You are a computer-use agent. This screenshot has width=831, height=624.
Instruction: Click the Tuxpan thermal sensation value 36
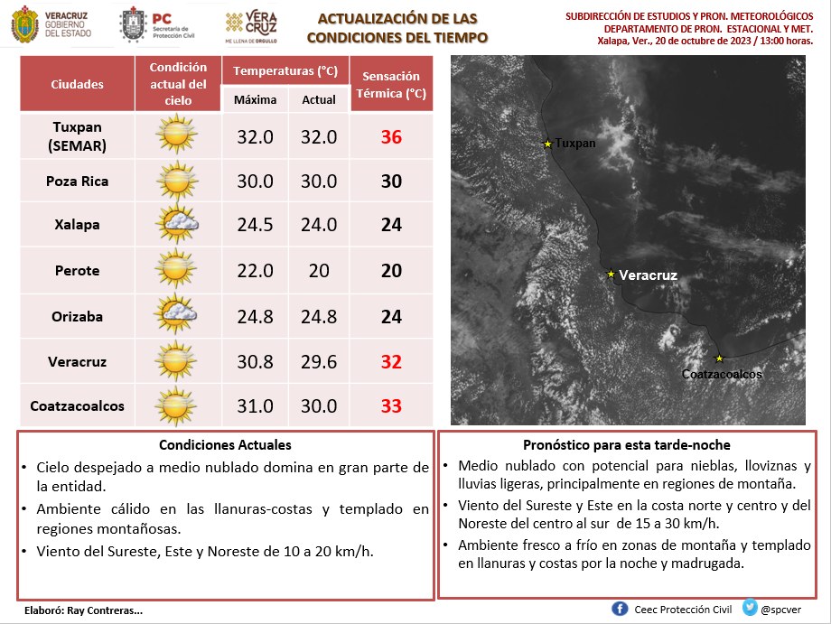pyautogui.click(x=391, y=137)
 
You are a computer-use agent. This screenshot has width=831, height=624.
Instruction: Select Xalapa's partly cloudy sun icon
pyautogui.click(x=176, y=225)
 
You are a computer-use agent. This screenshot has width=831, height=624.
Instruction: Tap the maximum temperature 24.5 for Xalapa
pyautogui.click(x=255, y=225)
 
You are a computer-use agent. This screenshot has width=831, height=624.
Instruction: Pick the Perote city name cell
pyautogui.click(x=77, y=271)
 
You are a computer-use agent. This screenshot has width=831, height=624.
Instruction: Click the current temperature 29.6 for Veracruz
pyautogui.click(x=318, y=361)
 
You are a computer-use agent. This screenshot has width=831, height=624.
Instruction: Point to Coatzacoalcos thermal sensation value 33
pyautogui.click(x=391, y=405)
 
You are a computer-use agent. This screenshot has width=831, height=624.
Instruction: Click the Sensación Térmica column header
pyautogui.click(x=391, y=85)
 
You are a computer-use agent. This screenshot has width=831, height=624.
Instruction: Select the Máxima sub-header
pyautogui.click(x=255, y=100)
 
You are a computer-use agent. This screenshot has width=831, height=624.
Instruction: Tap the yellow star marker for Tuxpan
pyautogui.click(x=547, y=143)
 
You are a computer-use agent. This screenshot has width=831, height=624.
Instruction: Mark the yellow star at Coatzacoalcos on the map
pyautogui.click(x=719, y=359)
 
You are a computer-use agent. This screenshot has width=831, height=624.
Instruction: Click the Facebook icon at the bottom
pyautogui.click(x=620, y=609)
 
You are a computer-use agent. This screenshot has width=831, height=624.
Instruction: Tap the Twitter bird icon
pyautogui.click(x=751, y=609)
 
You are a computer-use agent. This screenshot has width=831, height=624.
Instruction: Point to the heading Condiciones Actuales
pyautogui.click(x=225, y=445)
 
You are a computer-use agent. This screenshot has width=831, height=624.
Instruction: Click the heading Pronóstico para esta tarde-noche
pyautogui.click(x=626, y=445)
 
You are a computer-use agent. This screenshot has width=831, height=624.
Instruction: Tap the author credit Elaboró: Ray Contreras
pyautogui.click(x=80, y=610)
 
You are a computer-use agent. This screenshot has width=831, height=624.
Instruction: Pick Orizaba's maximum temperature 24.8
pyautogui.click(x=255, y=316)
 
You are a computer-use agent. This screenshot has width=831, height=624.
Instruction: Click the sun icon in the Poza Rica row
pyautogui.click(x=176, y=181)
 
